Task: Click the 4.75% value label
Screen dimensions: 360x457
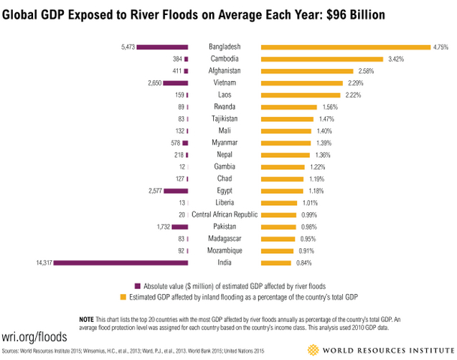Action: point(441,47)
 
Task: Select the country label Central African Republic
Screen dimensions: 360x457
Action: point(225,214)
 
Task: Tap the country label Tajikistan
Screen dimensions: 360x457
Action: point(225,118)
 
